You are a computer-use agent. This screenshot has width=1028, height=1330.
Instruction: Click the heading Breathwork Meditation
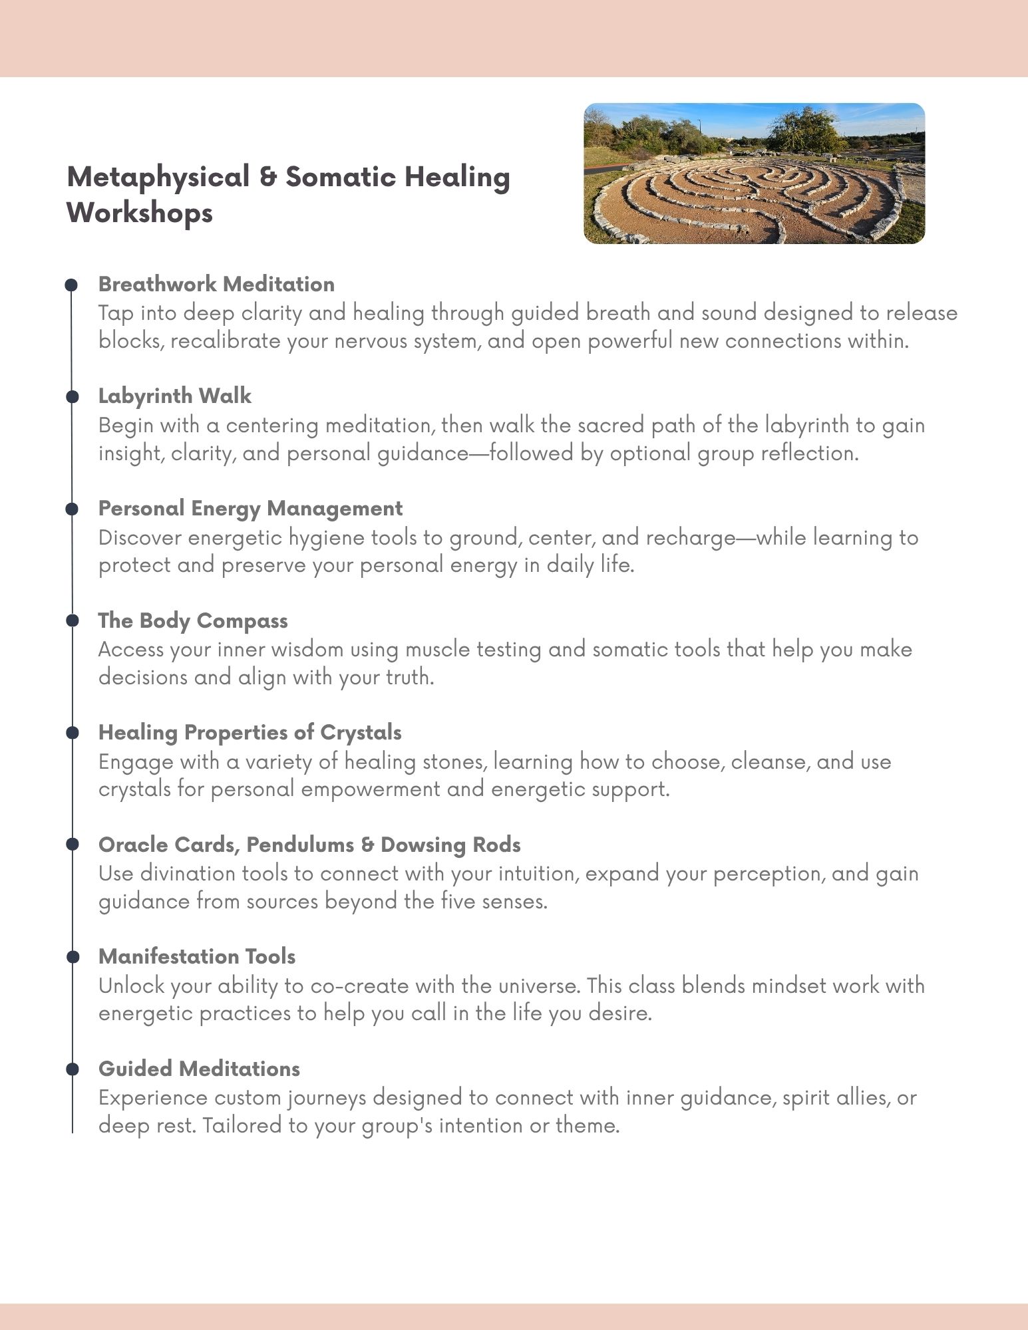point(216,284)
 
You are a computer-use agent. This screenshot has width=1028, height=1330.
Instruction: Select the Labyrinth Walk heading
point(174,396)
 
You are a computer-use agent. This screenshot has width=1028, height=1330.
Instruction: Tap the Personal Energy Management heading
point(250,508)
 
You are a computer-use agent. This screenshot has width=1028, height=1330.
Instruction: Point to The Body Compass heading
point(193,620)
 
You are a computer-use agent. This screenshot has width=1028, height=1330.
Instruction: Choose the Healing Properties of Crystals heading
point(250,732)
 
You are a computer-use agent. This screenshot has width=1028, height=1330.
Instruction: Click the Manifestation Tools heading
point(197,956)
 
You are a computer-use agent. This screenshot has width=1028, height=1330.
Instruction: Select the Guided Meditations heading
point(199,1069)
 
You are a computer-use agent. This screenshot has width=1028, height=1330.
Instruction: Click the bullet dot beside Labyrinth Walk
point(73,397)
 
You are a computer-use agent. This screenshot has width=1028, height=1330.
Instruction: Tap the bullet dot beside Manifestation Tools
point(73,957)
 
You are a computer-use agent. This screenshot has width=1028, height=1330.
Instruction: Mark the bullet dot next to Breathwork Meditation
point(73,285)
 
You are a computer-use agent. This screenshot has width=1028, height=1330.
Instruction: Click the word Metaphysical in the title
point(158,177)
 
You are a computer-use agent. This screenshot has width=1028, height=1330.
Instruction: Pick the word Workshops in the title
point(140,213)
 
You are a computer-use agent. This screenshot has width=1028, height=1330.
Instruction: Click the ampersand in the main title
point(267,177)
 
